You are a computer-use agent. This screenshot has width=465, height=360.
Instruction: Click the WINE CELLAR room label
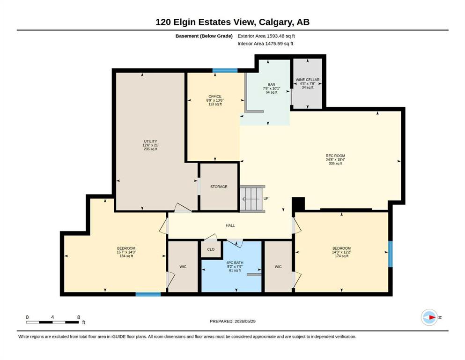tap(308, 80)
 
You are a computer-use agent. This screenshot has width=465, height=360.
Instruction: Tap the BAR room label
tap(271, 84)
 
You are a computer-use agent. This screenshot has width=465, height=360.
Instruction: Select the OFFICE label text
tap(215, 97)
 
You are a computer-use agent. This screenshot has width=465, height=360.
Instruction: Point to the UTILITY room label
tap(150, 141)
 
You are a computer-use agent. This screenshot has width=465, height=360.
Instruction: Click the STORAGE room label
tap(219, 187)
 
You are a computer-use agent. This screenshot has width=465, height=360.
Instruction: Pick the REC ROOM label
tap(335, 156)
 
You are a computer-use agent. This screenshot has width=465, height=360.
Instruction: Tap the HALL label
tap(230, 225)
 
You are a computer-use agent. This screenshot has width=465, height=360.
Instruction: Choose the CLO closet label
tap(211, 249)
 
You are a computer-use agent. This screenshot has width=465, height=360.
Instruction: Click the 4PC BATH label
tap(235, 262)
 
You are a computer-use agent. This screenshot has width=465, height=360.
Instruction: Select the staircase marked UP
tap(252, 199)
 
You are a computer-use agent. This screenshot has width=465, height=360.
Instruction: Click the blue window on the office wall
tap(225, 71)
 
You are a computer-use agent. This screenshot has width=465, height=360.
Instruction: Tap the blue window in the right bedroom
tap(390, 254)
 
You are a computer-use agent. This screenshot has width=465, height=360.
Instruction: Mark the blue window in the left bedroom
tap(148, 294)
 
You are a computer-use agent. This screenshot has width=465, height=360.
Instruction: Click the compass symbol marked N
tap(430, 317)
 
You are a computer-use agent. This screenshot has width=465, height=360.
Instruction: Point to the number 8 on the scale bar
tap(79, 317)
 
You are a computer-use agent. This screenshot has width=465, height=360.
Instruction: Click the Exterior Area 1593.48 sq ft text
tap(266, 36)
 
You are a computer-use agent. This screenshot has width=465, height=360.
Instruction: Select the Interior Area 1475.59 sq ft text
tap(266, 44)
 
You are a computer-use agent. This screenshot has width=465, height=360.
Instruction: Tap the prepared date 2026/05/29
tap(245, 321)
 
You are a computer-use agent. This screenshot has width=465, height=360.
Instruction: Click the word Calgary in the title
tap(274, 22)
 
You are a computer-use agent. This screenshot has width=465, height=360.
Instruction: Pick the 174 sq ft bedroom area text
tap(342, 256)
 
